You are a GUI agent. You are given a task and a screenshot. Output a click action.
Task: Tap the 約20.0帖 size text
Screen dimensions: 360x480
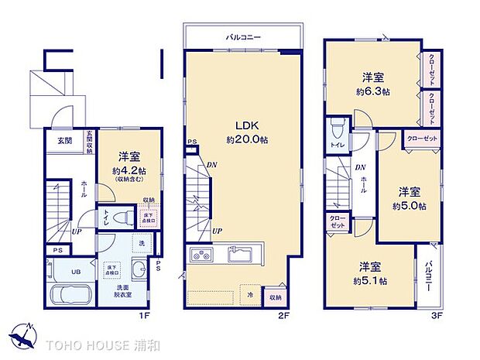click(246, 140)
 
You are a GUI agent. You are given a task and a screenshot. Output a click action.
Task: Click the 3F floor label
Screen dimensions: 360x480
click(437, 316)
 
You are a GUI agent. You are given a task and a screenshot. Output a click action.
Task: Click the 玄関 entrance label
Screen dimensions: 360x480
click(64, 141)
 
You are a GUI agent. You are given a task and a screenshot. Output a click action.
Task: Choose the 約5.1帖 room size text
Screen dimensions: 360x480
click(373, 280)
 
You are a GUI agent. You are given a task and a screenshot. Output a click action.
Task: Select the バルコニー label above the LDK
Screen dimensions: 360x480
click(242, 36)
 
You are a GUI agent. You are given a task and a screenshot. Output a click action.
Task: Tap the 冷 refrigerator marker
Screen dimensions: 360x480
click(251, 295)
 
